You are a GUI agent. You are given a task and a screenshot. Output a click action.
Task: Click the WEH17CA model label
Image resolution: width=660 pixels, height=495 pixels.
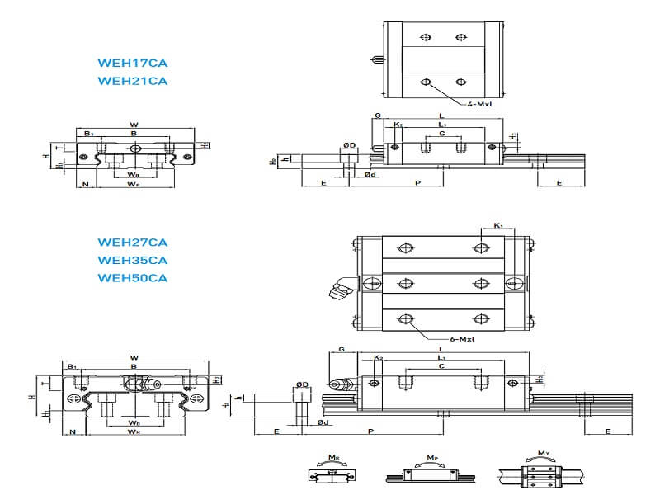[132, 62]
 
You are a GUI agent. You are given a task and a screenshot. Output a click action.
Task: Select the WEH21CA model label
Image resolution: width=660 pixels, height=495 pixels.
[132, 80]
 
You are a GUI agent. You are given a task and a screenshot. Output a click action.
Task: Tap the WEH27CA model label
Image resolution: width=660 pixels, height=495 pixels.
[132, 242]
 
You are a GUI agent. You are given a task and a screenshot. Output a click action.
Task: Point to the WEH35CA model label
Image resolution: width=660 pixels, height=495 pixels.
[132, 260]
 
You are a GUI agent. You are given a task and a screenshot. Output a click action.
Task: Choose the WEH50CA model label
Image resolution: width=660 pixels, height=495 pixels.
[132, 277]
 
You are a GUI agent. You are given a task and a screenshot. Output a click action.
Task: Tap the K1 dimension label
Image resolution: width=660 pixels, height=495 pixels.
[497, 225]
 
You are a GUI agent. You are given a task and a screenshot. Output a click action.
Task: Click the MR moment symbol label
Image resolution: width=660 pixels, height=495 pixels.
[332, 455]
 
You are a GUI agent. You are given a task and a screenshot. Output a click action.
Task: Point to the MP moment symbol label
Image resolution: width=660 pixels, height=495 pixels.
[432, 455]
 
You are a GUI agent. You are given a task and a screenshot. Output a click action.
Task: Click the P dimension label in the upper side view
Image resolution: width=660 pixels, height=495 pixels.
[418, 182]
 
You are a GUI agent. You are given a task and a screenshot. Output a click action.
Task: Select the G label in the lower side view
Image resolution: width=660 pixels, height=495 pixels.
[342, 350]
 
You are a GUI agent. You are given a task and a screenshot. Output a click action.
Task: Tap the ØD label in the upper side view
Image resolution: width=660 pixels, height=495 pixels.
[350, 145]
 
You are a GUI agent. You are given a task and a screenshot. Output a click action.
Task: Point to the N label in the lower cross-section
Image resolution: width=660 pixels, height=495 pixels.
[73, 431]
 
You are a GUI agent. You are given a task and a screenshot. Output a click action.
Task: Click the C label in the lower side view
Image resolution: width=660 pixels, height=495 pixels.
[442, 365]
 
